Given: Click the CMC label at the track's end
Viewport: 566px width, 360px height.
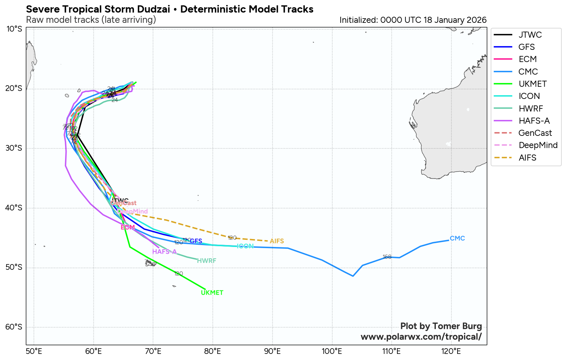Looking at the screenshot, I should pyautogui.click(x=457, y=239).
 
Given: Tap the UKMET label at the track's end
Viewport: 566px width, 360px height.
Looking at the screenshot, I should pyautogui.click(x=212, y=293).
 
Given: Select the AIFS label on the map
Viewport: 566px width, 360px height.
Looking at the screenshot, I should pyautogui.click(x=277, y=241).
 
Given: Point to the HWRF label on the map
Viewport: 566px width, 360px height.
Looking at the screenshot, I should pyautogui.click(x=207, y=261).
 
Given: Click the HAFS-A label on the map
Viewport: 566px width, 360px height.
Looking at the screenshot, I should pyautogui.click(x=164, y=252).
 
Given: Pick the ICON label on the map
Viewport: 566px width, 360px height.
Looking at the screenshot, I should pyautogui.click(x=245, y=247).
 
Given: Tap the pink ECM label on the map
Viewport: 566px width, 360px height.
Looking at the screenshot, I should pyautogui.click(x=128, y=228).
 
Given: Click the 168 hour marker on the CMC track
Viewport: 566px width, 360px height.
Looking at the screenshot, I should pyautogui.click(x=387, y=257).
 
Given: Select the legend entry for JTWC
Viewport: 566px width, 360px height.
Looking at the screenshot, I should pyautogui.click(x=530, y=35).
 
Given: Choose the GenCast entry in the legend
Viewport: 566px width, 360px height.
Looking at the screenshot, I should pyautogui.click(x=535, y=133).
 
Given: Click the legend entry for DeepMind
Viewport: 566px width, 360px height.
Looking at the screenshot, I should pyautogui.click(x=538, y=145).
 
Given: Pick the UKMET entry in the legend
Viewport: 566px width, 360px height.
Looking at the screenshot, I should pyautogui.click(x=533, y=84).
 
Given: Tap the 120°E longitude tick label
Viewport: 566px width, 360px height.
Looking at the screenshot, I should pyautogui.click(x=451, y=351).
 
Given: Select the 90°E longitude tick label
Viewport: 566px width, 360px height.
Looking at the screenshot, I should pyautogui.click(x=272, y=351).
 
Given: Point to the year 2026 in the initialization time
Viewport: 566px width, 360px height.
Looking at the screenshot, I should pyautogui.click(x=477, y=20).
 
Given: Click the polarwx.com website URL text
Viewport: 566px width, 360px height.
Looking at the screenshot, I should pyautogui.click(x=421, y=337).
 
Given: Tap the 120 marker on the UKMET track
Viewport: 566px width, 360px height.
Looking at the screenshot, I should pyautogui.click(x=179, y=274).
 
